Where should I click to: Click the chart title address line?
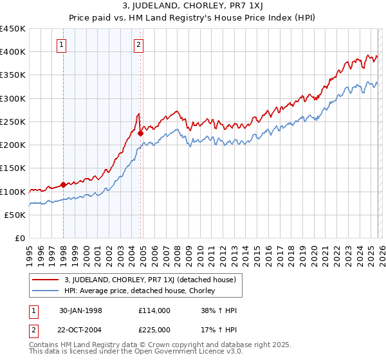coord(192,6)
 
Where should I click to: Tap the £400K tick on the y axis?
coord(13,52)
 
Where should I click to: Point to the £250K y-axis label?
coord(13,122)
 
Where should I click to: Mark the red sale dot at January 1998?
coord(63,184)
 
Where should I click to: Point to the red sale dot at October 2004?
coord(140,134)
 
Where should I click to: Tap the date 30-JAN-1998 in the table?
coord(80,310)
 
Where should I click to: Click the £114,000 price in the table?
coord(154,310)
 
